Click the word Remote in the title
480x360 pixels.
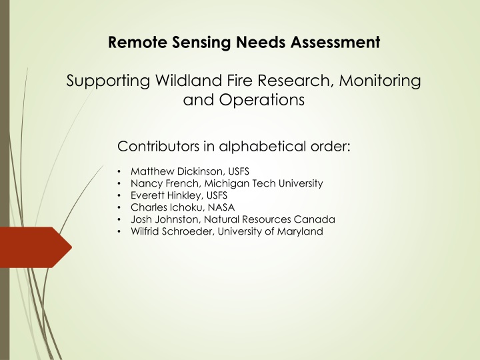[138, 42]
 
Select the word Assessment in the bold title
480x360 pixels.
[335, 42]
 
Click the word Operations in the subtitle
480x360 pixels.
[262, 100]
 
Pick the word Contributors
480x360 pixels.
[158, 146]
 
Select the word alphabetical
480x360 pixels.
[263, 146]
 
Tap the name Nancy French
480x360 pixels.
[165, 183]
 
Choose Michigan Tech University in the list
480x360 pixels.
[263, 183]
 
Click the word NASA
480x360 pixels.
[221, 207]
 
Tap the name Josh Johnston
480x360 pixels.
[165, 219]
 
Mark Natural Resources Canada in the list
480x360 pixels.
[269, 219]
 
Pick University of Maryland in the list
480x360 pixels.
[270, 231]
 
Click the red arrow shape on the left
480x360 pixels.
[36, 247]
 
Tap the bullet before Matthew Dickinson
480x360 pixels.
[119, 171]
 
